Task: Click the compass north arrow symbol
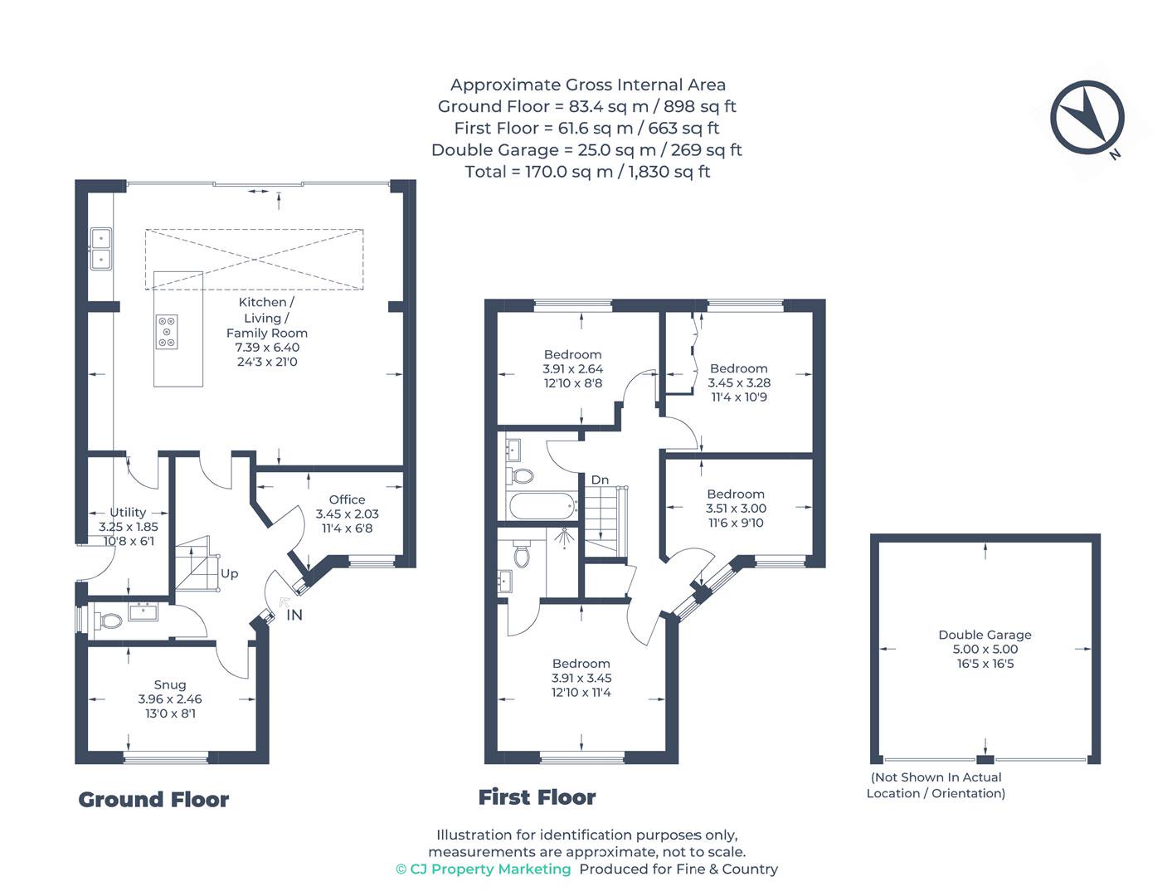point(1087,119)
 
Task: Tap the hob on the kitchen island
point(167,332)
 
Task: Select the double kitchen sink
point(100,249)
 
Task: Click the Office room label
point(347,499)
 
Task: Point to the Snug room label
point(170,684)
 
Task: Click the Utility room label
point(128,512)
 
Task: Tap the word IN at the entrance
point(294,615)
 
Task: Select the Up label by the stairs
point(229,574)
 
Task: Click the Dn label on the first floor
point(600,480)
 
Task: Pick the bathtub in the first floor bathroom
point(543,506)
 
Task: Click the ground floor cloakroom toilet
point(108,621)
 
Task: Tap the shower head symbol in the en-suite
point(564,538)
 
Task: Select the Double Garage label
point(985,635)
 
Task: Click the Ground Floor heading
point(153,800)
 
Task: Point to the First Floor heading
point(537,797)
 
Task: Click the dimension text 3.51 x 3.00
point(736,509)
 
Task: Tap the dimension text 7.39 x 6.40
point(267,347)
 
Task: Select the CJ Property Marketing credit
point(484,869)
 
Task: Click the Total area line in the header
point(586,172)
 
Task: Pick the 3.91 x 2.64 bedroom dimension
point(573,368)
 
